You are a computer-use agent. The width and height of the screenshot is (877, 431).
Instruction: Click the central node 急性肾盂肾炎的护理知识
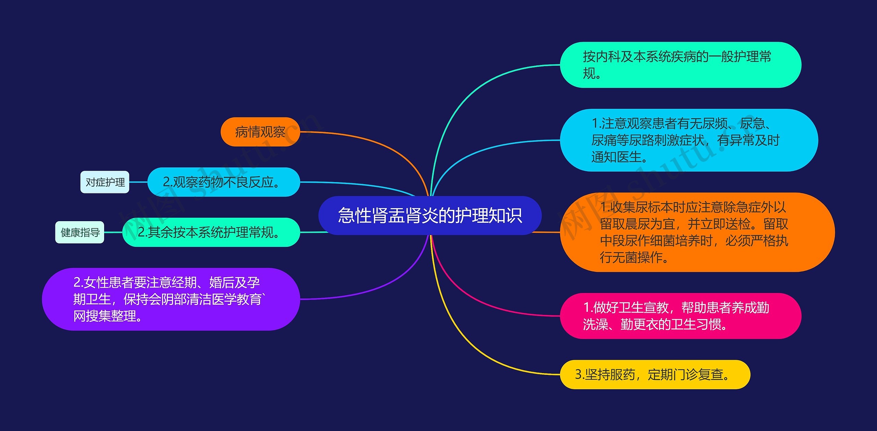[x=430, y=215]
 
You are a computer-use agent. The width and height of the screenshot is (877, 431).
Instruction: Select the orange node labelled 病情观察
[x=260, y=132]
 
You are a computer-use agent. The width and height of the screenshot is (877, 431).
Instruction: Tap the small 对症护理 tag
[x=105, y=182]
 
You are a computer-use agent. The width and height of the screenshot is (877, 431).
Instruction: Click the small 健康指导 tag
[x=80, y=232]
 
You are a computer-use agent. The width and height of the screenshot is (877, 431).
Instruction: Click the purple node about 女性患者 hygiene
[x=170, y=299]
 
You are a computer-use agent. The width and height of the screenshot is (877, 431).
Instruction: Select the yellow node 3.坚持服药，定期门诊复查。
[x=655, y=374]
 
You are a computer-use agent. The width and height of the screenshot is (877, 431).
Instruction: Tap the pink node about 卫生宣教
[x=680, y=316]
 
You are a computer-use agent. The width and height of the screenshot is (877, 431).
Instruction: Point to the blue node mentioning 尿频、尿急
[x=689, y=140]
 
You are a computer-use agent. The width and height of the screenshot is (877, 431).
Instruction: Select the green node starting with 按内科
[x=680, y=65]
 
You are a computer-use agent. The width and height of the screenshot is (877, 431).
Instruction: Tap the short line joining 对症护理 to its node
[x=138, y=182]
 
